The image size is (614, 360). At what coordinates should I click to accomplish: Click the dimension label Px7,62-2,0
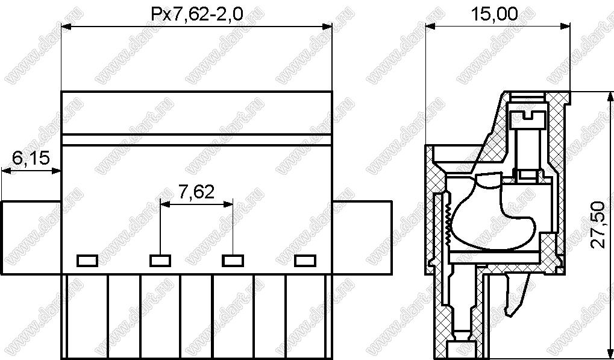[x=197, y=14]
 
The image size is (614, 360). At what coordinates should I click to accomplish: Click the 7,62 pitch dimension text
[x=196, y=192]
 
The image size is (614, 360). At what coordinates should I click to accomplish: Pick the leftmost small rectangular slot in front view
[x=87, y=261]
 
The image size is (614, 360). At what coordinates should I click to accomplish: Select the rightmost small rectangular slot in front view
[x=305, y=261]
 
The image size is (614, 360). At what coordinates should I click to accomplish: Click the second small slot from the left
[x=160, y=261]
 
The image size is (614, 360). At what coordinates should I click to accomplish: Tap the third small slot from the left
[x=233, y=261]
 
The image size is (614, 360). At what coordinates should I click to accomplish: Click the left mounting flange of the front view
[x=31, y=238]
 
